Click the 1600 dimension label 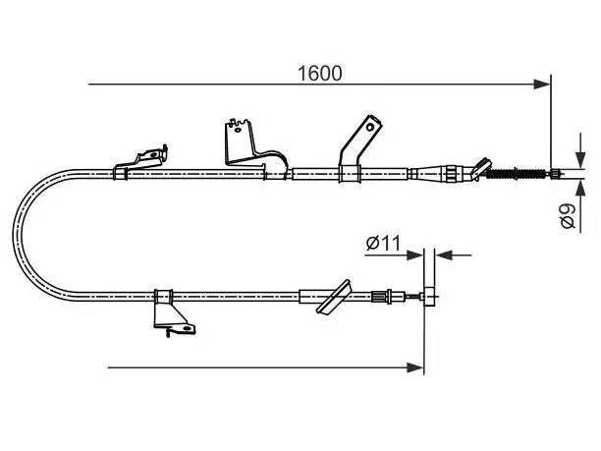pos(320,74)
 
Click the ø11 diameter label pos(383,243)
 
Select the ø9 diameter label pos(568,216)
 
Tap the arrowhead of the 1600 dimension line pos(542,84)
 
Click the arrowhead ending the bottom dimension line pos(415,367)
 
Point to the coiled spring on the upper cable pos(516,174)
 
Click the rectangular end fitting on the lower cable pos(429,296)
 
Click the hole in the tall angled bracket pos(370,127)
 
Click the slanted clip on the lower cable pos(334,297)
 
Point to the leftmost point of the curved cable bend pos(14,234)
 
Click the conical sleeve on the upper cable pos(428,174)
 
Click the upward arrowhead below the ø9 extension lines pos(580,188)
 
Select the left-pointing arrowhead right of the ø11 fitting pos(444,254)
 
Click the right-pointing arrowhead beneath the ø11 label pos(415,254)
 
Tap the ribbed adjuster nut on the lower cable pos(378,296)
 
